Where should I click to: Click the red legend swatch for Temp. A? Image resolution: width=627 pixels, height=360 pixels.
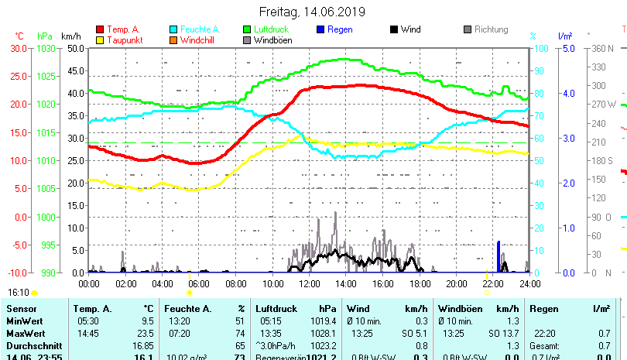99,29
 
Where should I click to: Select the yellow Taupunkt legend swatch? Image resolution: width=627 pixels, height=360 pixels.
99,39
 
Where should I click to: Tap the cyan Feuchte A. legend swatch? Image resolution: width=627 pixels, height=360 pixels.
173,29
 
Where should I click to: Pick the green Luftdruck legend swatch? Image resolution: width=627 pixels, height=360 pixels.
248,29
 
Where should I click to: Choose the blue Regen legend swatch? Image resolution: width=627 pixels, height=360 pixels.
321,29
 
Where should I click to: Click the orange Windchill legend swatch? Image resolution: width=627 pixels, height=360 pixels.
173,39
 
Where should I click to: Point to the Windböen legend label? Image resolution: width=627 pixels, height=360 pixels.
272,39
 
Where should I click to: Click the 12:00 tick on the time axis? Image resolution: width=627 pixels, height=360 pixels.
310,283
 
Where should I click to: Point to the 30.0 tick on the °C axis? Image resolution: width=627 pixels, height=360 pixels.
19,48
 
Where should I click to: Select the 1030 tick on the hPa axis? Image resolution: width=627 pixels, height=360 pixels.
45,48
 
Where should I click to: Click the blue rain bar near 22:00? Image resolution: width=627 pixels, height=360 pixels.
499,256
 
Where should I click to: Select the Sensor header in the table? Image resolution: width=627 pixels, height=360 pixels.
21,309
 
